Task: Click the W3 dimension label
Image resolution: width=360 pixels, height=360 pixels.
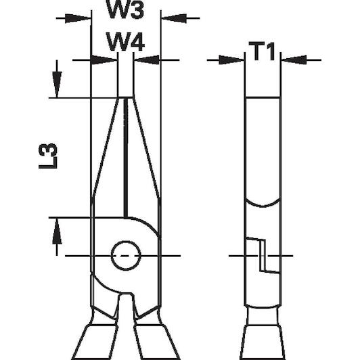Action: [x=126, y=9]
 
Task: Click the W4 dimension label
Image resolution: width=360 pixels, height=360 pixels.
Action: [x=125, y=41]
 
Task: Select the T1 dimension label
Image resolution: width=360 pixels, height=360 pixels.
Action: [x=262, y=51]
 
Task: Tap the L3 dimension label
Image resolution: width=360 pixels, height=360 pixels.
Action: [x=48, y=156]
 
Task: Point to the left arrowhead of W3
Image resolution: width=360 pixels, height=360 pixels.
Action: [x=78, y=18]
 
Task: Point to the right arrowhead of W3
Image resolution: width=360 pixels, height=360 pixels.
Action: [x=174, y=18]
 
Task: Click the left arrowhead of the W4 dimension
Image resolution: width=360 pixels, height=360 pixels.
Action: [x=104, y=60]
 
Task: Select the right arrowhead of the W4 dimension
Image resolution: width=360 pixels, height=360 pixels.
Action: [x=146, y=60]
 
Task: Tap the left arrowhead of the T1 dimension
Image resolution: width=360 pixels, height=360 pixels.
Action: [x=231, y=60]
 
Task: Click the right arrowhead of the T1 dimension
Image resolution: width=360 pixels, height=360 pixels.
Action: [x=294, y=60]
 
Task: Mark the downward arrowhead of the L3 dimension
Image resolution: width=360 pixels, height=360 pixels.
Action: [x=57, y=85]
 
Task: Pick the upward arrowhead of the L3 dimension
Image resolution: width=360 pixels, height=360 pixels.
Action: [x=57, y=231]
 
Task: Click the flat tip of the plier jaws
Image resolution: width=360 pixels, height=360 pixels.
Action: [x=125, y=98]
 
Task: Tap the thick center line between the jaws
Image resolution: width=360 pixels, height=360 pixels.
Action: [x=126, y=158]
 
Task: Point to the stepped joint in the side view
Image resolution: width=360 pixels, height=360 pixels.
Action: [x=263, y=255]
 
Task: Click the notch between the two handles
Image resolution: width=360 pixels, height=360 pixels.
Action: [x=125, y=305]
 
